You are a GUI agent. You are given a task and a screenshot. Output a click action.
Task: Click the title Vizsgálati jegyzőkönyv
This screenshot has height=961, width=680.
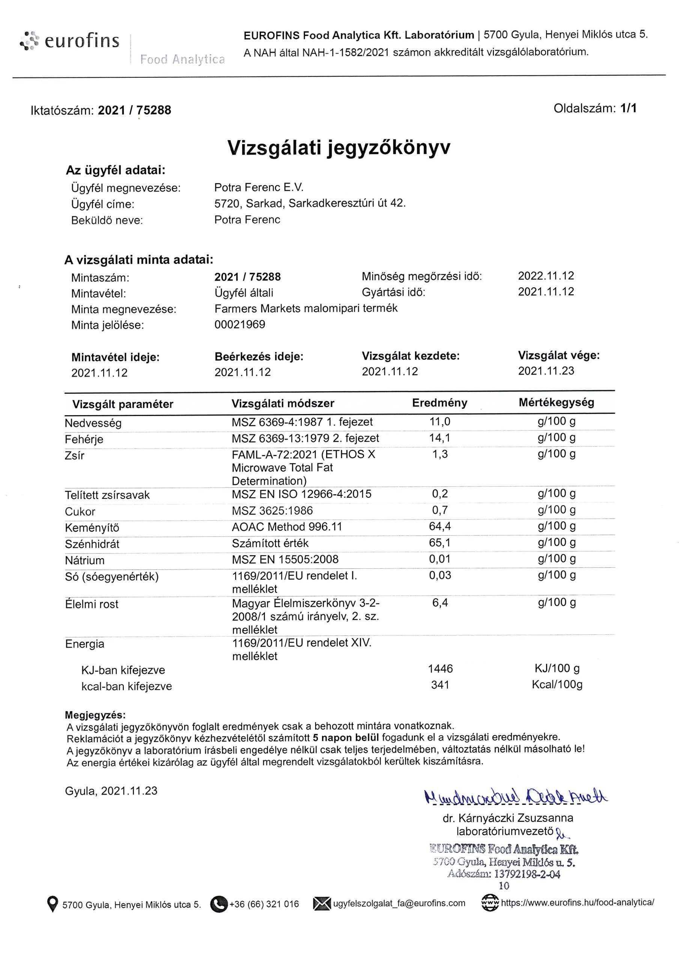[x=339, y=148]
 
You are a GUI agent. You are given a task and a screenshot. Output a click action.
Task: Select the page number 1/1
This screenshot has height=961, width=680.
[x=629, y=108]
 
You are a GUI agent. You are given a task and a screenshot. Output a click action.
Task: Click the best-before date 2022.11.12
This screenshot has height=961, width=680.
[x=546, y=276]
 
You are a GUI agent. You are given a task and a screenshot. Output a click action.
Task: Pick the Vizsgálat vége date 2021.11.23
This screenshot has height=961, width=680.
[x=546, y=371]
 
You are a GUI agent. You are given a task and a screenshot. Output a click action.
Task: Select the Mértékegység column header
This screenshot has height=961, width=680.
[x=556, y=402]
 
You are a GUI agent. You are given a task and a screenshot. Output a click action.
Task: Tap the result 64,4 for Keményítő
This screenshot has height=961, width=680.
[x=440, y=526]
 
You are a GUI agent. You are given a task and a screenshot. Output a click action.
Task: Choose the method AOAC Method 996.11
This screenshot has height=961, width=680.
[x=287, y=526]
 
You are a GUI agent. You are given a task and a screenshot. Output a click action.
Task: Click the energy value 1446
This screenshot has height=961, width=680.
[x=440, y=669]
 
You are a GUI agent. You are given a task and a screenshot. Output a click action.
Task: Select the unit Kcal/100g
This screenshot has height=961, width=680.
[x=557, y=685]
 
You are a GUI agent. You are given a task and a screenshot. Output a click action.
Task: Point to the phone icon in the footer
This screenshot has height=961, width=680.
[x=218, y=904]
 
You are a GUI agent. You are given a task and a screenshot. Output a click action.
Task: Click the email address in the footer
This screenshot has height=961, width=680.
[x=399, y=903]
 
